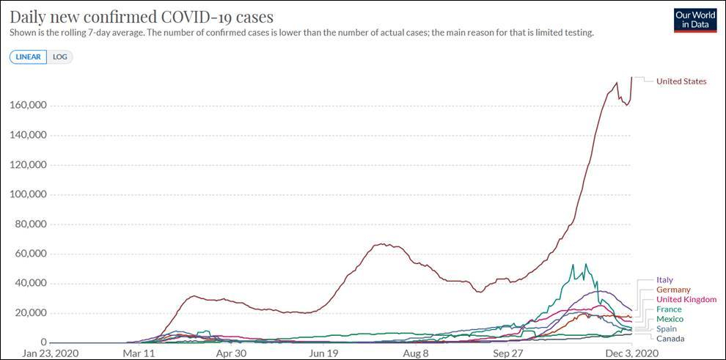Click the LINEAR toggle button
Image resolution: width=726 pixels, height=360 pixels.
[28, 56]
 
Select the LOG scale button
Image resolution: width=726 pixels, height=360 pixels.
[60, 56]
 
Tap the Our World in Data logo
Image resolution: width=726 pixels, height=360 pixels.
[695, 20]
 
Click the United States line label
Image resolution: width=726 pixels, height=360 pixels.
[681, 81]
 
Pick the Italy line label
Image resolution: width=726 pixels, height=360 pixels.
[664, 280]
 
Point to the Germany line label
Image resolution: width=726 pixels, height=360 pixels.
[673, 290]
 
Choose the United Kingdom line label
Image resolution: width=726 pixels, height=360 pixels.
[686, 299]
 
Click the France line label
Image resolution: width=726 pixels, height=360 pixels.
[668, 309]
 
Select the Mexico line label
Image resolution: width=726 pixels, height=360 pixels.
[670, 319]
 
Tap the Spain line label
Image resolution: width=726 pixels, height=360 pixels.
[667, 329]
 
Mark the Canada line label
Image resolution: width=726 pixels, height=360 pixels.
[670, 339]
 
